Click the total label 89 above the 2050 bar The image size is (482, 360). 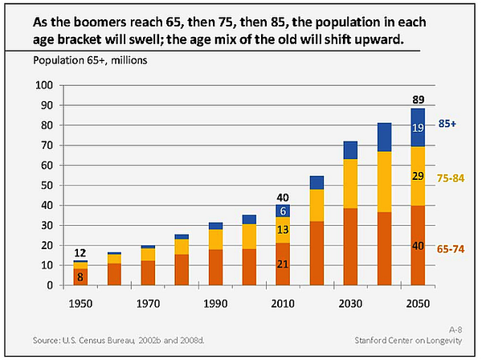coord(418,100)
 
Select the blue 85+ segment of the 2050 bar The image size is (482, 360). coord(418,128)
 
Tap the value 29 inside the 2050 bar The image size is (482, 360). coord(418,176)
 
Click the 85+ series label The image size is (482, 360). coord(447,124)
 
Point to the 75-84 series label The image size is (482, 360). coord(451,178)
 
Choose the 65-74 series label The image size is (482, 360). coord(451,249)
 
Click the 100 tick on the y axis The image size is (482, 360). coord(44,85)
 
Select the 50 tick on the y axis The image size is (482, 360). coord(47,186)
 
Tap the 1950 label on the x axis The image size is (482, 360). coord(80,304)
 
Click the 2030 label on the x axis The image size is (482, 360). coord(350,304)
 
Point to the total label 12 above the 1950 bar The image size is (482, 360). coord(80,253)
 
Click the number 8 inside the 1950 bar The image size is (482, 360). coord(80,277)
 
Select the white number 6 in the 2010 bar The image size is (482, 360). coord(283,211)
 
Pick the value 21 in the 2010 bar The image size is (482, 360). coord(283,264)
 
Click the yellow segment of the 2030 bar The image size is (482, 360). coord(350,184)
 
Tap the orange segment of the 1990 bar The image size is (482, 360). coord(215,268)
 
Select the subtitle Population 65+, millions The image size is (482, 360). coord(90,60)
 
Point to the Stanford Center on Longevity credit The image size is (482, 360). coord(408,341)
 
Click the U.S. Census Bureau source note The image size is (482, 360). coord(119,341)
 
